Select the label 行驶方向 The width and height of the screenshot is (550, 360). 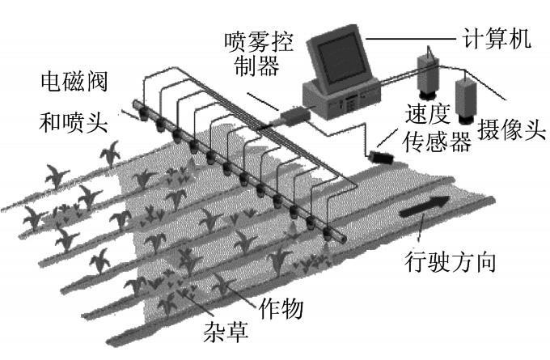click(448, 263)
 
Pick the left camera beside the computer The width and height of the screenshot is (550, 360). click(425, 72)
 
